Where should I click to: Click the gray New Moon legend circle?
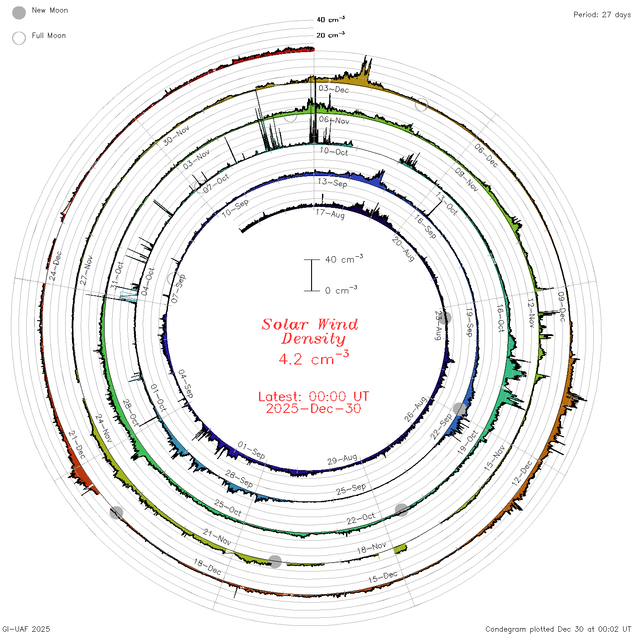(19, 13)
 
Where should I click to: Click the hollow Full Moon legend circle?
(19, 38)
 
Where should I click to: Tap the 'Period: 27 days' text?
(602, 15)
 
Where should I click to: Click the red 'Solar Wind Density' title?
(310, 331)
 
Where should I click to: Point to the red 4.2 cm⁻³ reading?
(313, 358)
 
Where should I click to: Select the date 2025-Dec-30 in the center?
(313, 408)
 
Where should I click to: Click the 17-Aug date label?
(330, 214)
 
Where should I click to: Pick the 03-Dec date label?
(334, 89)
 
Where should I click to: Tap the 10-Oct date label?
(334, 151)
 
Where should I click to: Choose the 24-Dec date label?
(55, 266)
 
